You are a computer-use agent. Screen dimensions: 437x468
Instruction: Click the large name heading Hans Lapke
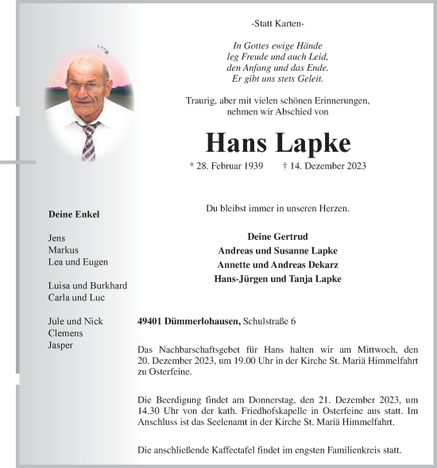[x=277, y=142]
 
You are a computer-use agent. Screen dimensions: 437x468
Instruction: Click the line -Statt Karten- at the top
[x=277, y=25]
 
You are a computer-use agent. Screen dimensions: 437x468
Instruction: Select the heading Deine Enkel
[x=74, y=215]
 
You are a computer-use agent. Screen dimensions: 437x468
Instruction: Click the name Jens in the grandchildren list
[x=58, y=238]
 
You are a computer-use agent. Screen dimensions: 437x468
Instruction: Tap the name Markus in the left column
[x=64, y=249]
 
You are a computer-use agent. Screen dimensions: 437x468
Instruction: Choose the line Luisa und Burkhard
[x=87, y=285]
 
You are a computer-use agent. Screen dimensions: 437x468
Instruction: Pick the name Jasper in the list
[x=61, y=345]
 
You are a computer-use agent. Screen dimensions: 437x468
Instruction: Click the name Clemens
[x=66, y=333]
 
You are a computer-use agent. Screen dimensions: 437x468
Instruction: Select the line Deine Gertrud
[x=277, y=237]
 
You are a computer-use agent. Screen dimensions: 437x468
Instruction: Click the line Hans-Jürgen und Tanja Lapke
[x=277, y=279]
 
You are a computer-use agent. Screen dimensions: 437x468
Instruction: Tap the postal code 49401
[x=151, y=321]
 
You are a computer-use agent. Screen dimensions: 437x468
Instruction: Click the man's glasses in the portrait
[x=87, y=89]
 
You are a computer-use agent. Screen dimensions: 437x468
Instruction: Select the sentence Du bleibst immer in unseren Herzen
[x=277, y=208]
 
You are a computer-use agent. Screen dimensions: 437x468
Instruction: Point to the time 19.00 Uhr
[x=244, y=360]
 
